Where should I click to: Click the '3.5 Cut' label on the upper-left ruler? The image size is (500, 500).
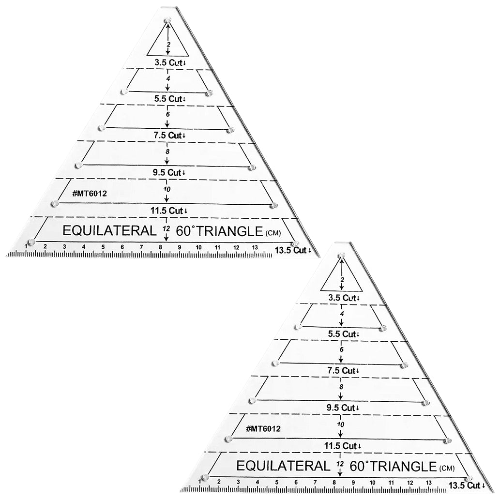point(168,62)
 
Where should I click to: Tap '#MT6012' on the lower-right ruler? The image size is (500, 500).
point(263,428)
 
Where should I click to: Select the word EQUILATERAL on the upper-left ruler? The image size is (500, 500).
point(109,230)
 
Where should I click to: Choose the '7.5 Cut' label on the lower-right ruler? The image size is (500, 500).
point(342,371)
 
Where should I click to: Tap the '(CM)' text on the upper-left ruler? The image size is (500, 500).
point(273,233)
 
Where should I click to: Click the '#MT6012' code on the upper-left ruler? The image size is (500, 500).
point(90,193)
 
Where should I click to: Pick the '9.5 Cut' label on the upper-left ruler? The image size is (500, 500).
point(167,172)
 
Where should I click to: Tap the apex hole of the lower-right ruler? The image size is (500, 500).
point(342,256)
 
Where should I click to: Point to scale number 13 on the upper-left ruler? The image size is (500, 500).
point(255,247)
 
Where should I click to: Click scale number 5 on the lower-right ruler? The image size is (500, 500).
point(277,483)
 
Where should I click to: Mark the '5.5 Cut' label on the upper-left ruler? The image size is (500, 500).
point(168,99)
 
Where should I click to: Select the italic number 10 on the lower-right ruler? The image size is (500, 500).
point(341,424)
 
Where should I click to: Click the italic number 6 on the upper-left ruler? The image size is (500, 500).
point(168,114)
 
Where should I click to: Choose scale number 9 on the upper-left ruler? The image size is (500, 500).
point(180,247)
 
